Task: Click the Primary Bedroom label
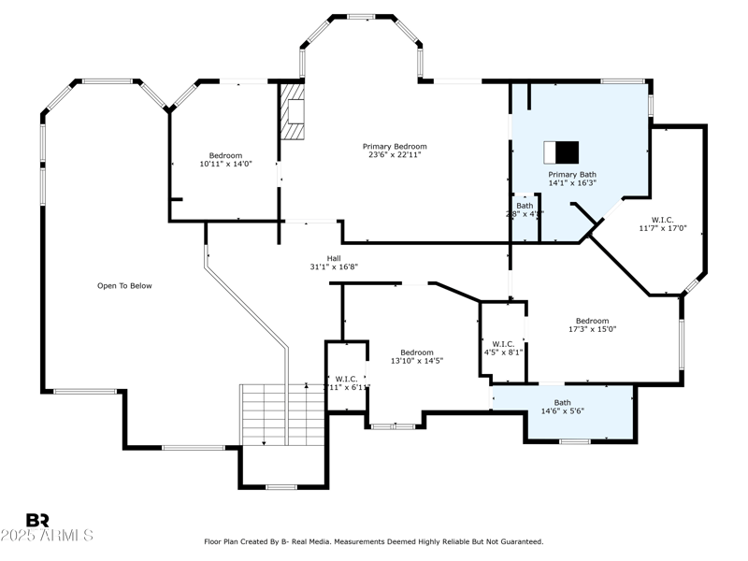click(395, 146)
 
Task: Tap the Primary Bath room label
click(571, 174)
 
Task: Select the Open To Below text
click(124, 286)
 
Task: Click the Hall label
click(334, 258)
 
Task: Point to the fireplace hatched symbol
click(294, 111)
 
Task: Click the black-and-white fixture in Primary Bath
click(562, 151)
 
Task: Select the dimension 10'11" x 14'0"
click(225, 164)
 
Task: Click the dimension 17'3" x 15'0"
click(592, 329)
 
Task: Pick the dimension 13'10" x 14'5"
click(416, 361)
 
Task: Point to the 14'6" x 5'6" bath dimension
click(562, 411)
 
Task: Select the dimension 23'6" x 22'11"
click(395, 154)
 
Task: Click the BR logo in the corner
click(37, 520)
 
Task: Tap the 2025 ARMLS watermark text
click(47, 536)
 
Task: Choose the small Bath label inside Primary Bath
click(525, 206)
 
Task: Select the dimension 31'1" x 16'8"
click(334, 266)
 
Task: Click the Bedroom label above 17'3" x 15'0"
click(592, 321)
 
